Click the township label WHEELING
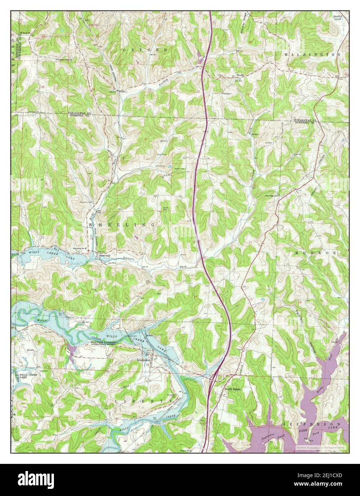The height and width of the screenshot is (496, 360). [121, 225]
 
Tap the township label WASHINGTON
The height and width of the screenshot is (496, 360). [312, 55]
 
